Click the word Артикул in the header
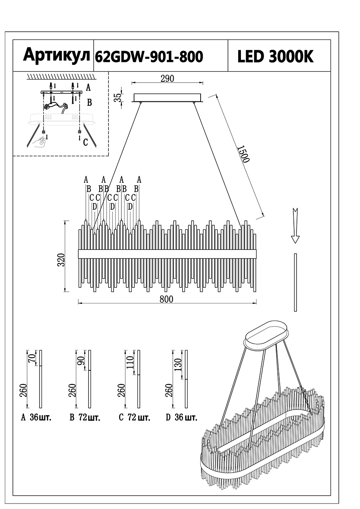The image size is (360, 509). coord(56,56)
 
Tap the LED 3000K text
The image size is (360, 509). coord(275,57)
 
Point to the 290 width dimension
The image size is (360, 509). coord(167,78)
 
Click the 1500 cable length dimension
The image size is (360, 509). coord(243,153)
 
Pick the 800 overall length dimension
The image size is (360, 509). coord(166,299)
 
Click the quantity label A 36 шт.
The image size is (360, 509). coord(36,417)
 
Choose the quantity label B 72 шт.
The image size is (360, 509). coord(85,417)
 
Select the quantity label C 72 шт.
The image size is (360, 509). coord(134,417)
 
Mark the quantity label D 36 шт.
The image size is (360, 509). coord(181,417)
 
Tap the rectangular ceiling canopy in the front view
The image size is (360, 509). coord(168,97)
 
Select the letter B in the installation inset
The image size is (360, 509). coord(89,103)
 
